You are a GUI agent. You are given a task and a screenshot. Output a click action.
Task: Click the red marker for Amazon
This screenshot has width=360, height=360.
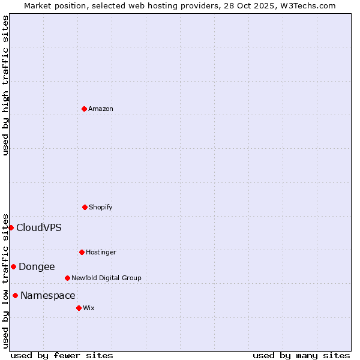[84, 109]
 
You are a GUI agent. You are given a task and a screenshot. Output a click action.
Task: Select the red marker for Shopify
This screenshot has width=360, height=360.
[85, 207]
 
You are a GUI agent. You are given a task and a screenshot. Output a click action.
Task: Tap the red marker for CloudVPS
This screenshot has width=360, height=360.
[11, 227]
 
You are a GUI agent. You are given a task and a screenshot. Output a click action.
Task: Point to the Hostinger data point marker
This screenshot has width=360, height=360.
[82, 252]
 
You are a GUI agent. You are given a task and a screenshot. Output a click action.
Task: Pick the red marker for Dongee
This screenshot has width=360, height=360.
[13, 266]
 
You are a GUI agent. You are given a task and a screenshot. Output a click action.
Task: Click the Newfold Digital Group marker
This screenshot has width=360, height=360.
[67, 278]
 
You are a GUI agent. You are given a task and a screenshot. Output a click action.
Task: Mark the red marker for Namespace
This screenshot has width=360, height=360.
[15, 295]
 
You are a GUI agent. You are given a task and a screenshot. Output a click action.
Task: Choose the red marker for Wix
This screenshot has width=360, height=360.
[79, 308]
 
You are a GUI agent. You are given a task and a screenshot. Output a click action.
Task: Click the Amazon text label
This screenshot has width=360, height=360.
[101, 109]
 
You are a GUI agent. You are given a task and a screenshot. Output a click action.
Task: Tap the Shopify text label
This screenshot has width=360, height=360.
[101, 207]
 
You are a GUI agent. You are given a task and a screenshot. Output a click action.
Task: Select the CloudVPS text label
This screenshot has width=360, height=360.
[39, 227]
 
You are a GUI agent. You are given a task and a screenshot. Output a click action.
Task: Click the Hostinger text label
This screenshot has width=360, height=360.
[101, 252]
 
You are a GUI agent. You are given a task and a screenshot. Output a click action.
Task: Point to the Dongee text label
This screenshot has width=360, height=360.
[37, 266]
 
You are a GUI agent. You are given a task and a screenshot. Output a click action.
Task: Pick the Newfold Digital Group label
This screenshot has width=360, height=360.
[106, 278]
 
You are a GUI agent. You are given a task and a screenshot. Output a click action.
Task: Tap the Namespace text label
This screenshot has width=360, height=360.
[48, 295]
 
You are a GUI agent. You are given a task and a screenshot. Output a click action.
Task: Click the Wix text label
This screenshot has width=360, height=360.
[89, 308]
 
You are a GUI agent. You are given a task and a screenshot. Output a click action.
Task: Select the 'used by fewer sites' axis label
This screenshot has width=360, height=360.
[62, 355]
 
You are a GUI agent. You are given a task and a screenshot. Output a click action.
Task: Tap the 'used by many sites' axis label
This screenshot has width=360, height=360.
[301, 355]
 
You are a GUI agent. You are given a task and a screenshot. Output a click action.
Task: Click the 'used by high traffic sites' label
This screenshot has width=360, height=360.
[5, 85]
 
